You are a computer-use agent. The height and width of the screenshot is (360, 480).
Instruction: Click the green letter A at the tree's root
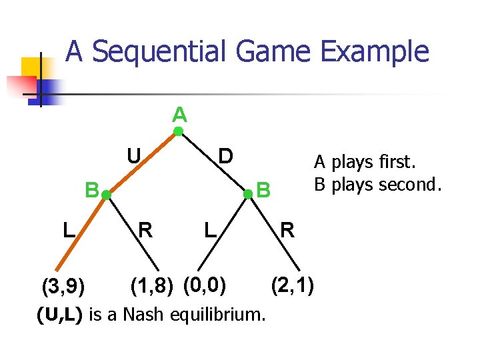coord(179,115)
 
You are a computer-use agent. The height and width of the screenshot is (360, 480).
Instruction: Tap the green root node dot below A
coord(179,131)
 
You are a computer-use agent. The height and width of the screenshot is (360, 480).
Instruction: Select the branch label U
coord(134,156)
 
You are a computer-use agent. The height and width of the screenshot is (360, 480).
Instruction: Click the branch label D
coord(226,156)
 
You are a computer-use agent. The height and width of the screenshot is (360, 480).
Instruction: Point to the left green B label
coord(91,189)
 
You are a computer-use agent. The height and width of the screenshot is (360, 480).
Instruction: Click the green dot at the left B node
coord(105,195)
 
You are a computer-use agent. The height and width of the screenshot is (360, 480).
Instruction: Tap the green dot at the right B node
coord(248,194)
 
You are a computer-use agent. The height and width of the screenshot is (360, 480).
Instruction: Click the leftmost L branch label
coord(68,231)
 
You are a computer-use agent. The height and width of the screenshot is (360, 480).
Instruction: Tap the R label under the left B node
coord(145,231)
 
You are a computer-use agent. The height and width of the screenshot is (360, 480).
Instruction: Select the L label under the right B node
coord(210,231)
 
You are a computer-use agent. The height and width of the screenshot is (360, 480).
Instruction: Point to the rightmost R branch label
coord(287,231)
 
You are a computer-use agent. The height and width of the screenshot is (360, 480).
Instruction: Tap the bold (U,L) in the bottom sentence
coord(60,314)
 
